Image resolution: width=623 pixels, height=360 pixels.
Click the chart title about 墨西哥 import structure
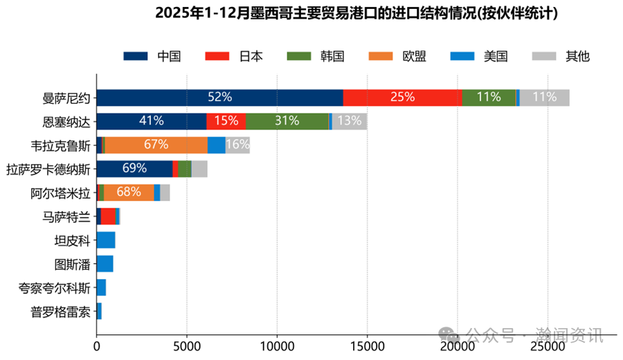coord(356,13)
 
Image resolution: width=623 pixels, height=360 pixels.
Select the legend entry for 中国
coord(152,57)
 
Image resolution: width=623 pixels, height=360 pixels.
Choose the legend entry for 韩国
coord(316,57)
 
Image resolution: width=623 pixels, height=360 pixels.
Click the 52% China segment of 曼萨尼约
coord(219,98)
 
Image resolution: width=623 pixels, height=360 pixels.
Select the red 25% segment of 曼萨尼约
coord(402,98)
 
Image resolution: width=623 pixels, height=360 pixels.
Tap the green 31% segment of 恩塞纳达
coord(287,121)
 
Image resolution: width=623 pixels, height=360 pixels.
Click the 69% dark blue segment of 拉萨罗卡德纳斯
coord(134,168)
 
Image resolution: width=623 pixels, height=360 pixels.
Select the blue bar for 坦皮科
coord(105,240)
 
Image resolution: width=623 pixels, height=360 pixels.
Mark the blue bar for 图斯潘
coord(105,264)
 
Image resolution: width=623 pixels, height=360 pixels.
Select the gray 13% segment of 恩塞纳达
coord(350,121)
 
